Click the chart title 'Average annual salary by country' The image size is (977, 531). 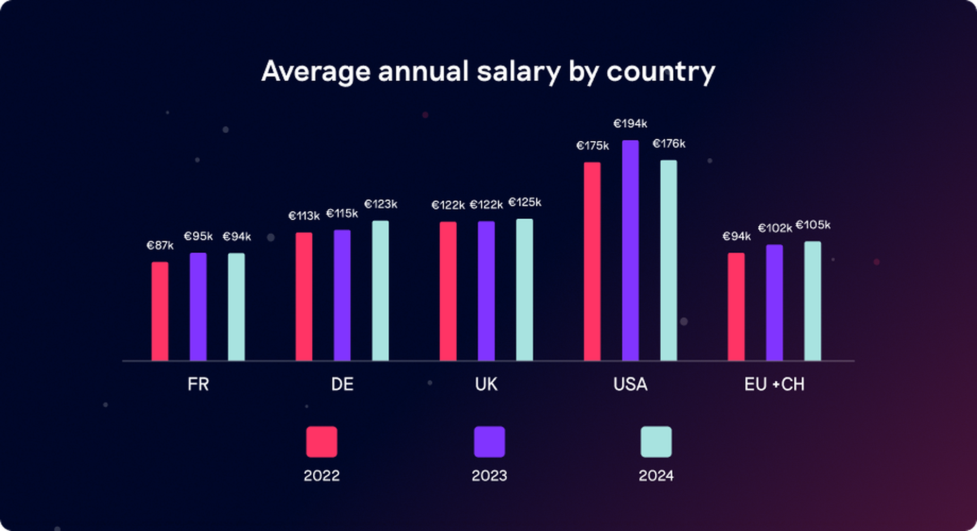[488, 71]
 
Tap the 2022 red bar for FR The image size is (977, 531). [160, 311]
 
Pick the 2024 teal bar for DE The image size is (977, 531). [380, 290]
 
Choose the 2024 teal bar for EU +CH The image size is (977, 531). [812, 301]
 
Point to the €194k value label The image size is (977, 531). [630, 124]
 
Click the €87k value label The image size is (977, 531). [160, 245]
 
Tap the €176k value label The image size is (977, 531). [669, 144]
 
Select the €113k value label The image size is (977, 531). [304, 216]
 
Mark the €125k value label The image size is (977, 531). [525, 202]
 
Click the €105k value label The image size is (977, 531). [813, 225]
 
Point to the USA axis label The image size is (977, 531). [630, 384]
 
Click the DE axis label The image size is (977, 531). [342, 384]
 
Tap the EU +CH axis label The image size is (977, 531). [774, 384]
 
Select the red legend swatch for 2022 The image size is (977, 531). [322, 442]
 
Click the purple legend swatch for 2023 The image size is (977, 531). [489, 442]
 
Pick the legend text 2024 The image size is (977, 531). [656, 475]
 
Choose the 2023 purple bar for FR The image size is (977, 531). [198, 307]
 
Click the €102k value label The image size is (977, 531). [775, 228]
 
